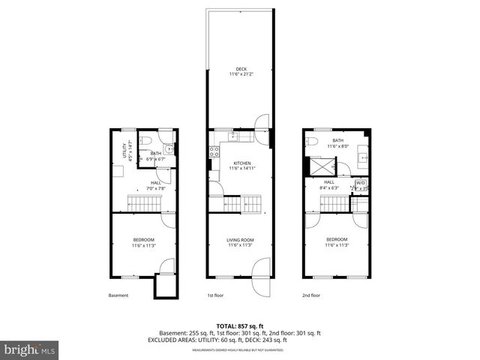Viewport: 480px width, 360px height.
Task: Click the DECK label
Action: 241,69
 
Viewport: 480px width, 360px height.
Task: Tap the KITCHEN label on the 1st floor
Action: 241,163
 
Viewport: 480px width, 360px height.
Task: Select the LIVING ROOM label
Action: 241,240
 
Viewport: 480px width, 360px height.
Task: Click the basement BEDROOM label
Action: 143,240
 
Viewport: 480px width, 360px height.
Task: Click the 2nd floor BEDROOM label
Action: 337,240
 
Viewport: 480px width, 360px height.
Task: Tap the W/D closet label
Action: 361,183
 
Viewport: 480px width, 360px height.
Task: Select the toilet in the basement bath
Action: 148,140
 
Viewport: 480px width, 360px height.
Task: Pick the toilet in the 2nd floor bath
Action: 314,140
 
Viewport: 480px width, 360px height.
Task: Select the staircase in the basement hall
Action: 141,202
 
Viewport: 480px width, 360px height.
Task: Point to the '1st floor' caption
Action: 215,295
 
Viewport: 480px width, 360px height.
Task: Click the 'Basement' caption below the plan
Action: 118,295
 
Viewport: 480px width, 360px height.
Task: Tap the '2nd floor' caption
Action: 311,295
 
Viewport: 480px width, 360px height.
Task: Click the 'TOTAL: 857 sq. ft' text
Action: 240,326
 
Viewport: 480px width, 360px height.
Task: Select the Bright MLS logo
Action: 30,349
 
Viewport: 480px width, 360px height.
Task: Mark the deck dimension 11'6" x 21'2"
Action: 241,75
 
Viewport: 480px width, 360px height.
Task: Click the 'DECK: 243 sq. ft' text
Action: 287,339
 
